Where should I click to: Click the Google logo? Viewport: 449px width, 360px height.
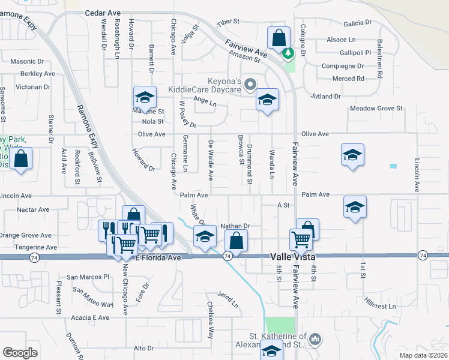[20, 353]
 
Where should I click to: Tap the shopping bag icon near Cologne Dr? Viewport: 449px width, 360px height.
[279, 38]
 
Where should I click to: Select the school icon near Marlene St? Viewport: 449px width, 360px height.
[145, 97]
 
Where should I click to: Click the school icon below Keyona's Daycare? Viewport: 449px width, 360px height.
[268, 99]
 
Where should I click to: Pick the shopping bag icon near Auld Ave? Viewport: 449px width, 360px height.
[20, 160]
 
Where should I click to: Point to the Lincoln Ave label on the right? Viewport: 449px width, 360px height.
[417, 175]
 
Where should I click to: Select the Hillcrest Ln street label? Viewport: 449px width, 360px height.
[380, 306]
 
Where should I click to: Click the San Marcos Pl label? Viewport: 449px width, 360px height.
[88, 277]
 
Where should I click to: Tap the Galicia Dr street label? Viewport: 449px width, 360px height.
[358, 23]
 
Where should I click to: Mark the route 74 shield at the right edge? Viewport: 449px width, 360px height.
[423, 256]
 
